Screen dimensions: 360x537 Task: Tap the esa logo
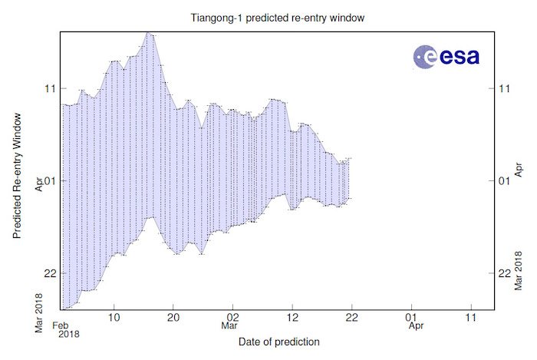[x=446, y=55]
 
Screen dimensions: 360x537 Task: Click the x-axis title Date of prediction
[x=278, y=341]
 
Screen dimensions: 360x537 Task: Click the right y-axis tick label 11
[x=494, y=88]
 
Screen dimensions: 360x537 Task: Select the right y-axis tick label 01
[x=494, y=181]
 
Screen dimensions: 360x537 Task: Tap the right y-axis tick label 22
[x=494, y=273]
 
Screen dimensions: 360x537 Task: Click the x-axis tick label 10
[x=114, y=316]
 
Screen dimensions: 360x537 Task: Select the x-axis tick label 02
[x=232, y=316]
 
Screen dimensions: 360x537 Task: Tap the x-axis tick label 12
[x=292, y=316]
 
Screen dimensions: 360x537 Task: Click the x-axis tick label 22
[x=351, y=316]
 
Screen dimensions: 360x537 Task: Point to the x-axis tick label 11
[x=470, y=316]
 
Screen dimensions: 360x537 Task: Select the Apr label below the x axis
[x=415, y=326]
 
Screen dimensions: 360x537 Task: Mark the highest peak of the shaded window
[x=150, y=34]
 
